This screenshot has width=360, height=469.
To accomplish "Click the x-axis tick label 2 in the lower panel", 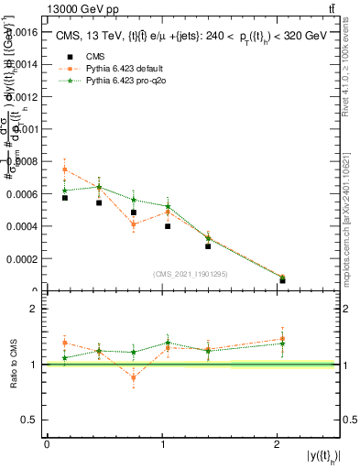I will pyautogui.click(x=276, y=444).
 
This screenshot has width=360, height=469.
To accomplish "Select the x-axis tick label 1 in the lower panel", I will pyautogui.click(x=161, y=444).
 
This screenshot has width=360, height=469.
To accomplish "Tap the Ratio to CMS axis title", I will pyautogui.click(x=14, y=364).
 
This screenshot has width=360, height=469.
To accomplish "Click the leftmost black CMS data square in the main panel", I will pyautogui.click(x=65, y=198).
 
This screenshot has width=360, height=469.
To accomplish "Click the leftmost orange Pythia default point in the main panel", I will pyautogui.click(x=65, y=169).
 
